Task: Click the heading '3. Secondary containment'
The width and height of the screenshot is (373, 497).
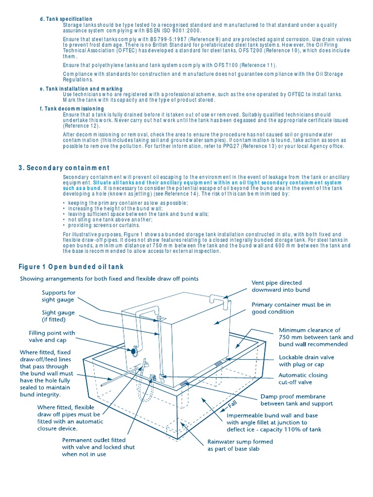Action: pyautogui.click(x=64, y=168)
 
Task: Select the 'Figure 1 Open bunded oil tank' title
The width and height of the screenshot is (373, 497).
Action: pyautogui.click(x=71, y=267)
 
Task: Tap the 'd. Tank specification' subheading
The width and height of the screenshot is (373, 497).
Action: pyautogui.click(x=66, y=19)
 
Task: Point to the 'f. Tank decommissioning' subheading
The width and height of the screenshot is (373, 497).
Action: pyautogui.click(x=71, y=109)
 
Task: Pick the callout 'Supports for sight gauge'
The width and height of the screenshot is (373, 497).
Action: pyautogui.click(x=59, y=297)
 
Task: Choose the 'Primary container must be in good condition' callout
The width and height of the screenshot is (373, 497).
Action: pyautogui.click(x=291, y=308)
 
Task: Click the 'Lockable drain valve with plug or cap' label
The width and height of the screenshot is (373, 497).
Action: pyautogui.click(x=306, y=361)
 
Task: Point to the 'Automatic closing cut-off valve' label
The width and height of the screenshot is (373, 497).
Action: pyautogui.click(x=303, y=379)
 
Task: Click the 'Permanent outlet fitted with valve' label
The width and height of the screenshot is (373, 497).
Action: pyautogui.click(x=98, y=444)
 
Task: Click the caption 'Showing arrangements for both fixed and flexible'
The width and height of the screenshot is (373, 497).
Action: pyautogui.click(x=109, y=279)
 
